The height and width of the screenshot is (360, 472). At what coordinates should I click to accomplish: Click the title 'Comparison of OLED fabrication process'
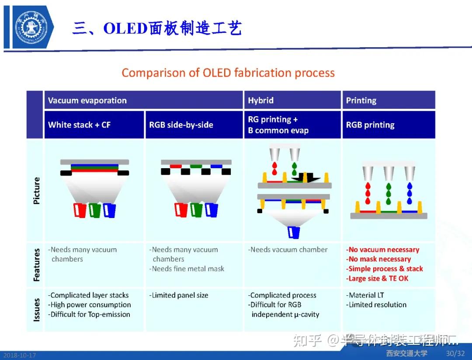[x=228, y=73]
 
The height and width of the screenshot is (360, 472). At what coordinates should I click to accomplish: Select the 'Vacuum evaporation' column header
[x=87, y=100]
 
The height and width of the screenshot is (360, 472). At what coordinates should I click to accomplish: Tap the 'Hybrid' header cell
[x=261, y=100]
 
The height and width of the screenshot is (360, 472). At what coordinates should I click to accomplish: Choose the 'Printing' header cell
[x=361, y=100]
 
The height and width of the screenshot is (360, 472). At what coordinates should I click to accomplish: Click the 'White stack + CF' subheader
[x=80, y=125]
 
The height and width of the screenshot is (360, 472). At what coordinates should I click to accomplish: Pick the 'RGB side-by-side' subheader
[x=181, y=125]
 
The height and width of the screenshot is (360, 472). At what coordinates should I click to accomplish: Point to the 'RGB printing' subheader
[x=370, y=125]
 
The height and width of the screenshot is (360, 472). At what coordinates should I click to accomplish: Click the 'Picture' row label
[x=37, y=190]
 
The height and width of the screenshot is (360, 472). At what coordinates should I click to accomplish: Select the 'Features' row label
[x=37, y=265]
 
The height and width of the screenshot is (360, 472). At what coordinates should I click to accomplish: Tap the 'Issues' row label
[x=37, y=309]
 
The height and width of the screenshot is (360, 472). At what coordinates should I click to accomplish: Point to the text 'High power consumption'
[x=90, y=305]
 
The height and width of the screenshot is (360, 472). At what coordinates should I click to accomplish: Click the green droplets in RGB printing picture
[x=389, y=193]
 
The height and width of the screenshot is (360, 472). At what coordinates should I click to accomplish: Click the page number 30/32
[x=455, y=353]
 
